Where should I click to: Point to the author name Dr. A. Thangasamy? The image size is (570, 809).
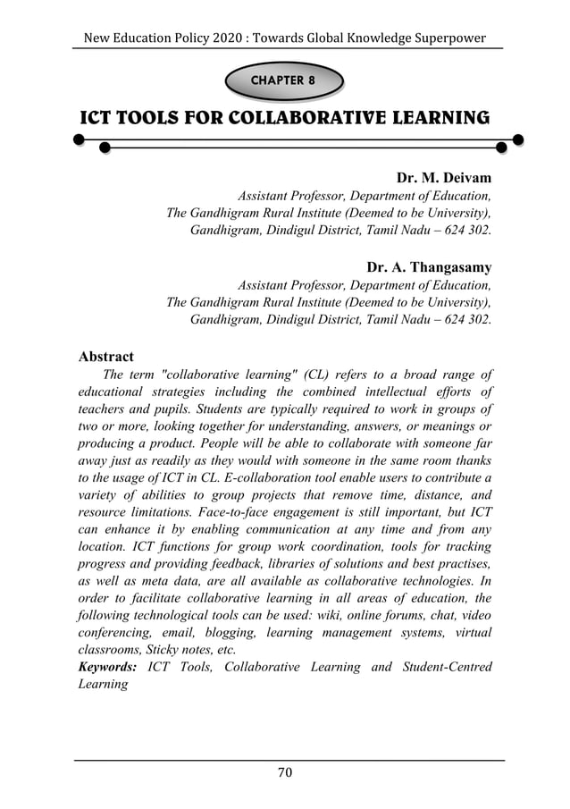429,267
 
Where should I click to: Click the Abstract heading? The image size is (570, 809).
106,356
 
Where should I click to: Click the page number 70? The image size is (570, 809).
284,772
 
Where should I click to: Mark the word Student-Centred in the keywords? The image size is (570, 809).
442,667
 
